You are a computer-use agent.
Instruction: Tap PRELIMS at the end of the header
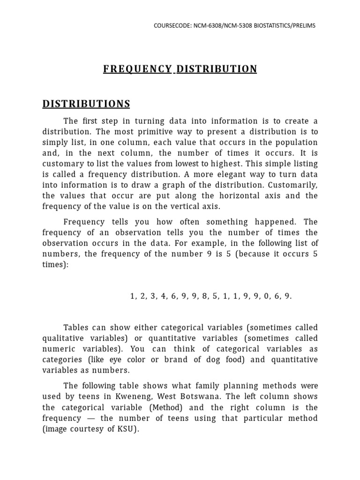pyautogui.click(x=303, y=25)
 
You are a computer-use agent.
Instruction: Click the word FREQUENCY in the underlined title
pyautogui.click(x=137, y=69)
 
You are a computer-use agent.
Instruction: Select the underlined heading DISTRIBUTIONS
pyautogui.click(x=86, y=104)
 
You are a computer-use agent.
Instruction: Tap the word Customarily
pyautogui.click(x=292, y=185)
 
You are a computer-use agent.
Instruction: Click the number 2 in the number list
pyautogui.click(x=143, y=296)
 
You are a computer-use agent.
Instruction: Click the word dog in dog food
pyautogui.click(x=214, y=360)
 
